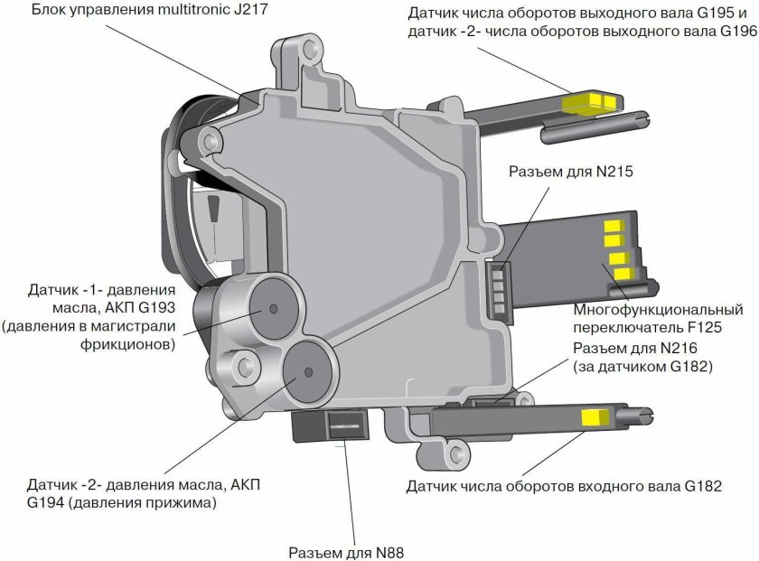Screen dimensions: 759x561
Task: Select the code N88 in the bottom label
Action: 389,553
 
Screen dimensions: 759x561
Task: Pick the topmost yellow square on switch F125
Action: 614,226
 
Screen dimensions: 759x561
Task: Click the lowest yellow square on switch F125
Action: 624,274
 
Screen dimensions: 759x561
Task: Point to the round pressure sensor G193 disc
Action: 273,309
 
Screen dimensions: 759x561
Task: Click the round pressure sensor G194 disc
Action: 308,371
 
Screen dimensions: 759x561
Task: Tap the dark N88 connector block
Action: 330,425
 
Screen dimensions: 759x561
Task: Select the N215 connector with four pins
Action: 499,289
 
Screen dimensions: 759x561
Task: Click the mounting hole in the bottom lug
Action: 455,453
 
